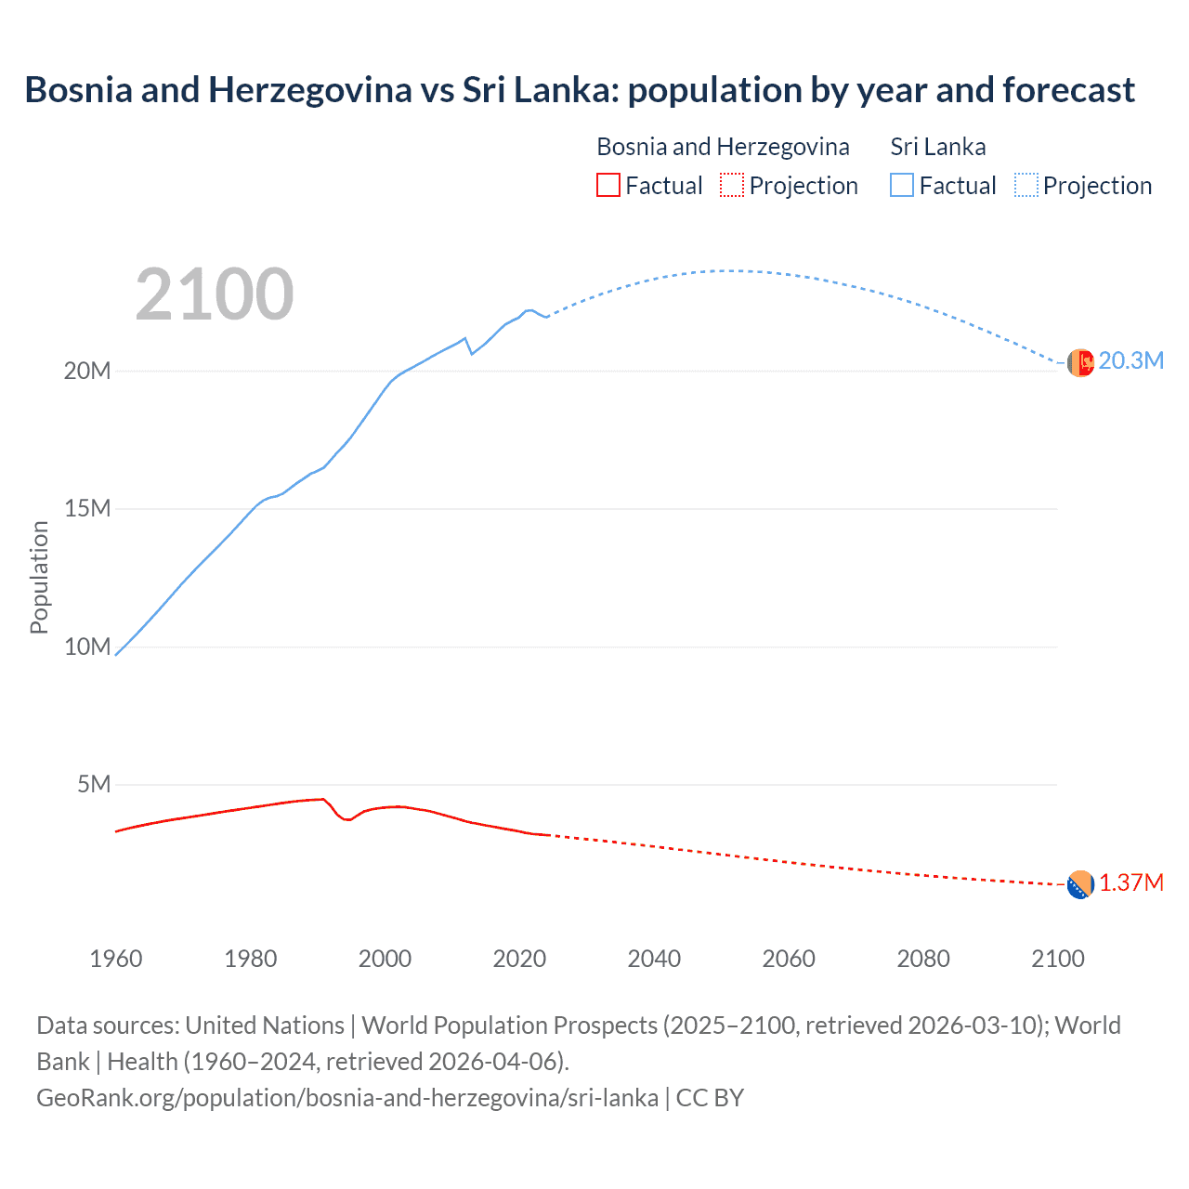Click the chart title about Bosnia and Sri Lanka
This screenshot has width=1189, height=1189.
click(x=580, y=90)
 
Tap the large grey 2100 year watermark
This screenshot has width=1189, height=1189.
click(x=215, y=295)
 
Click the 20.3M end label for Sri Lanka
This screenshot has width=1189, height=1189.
click(x=1130, y=361)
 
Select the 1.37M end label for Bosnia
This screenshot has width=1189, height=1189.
click(x=1130, y=882)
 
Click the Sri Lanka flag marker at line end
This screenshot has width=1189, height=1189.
click(x=1080, y=362)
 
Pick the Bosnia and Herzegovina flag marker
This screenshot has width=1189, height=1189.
click(x=1080, y=885)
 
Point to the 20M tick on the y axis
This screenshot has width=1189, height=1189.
click(x=87, y=372)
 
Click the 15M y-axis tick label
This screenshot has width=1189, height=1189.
click(x=87, y=509)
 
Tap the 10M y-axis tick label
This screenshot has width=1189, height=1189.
click(x=87, y=647)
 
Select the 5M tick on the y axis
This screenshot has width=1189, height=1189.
click(x=94, y=785)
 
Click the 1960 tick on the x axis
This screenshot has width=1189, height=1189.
click(x=116, y=959)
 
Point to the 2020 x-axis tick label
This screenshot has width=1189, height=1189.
click(x=519, y=959)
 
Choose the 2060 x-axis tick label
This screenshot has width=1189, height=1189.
click(x=789, y=959)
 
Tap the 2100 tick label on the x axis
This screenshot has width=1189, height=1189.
click(x=1057, y=959)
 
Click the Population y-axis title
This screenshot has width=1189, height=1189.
click(x=39, y=577)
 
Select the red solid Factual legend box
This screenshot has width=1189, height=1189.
click(x=608, y=186)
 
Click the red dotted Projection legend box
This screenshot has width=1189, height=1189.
click(x=732, y=186)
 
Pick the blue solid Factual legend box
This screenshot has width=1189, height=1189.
click(x=902, y=186)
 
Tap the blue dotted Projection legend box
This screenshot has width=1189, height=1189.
click(x=1026, y=186)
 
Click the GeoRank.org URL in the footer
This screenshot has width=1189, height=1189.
click(x=347, y=1098)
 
